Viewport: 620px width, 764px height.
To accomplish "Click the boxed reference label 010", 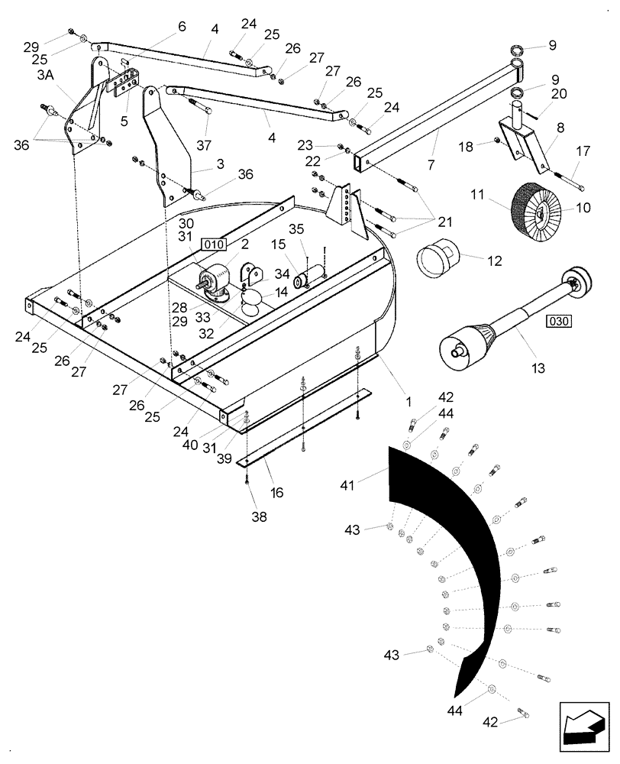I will [214, 244].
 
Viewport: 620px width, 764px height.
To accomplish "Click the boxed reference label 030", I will [558, 322].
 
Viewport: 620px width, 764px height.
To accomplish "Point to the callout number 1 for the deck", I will [408, 400].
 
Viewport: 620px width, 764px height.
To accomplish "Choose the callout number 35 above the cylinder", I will [296, 229].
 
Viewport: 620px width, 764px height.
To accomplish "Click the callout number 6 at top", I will [181, 27].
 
